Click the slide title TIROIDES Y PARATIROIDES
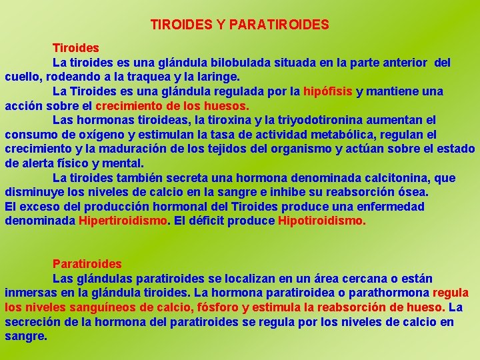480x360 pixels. (x=239, y=25)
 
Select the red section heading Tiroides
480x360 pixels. (x=76, y=48)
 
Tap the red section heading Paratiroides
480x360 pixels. (x=87, y=264)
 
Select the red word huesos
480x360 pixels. (x=227, y=105)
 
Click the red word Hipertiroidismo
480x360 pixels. (x=123, y=221)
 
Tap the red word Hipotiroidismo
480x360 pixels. (x=321, y=221)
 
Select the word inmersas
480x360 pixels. (x=29, y=293)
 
